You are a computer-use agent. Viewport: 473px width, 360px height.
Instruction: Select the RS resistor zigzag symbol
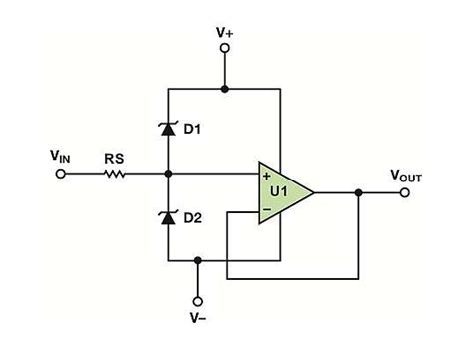[x=115, y=174]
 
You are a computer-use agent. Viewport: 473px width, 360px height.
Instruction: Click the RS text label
[x=115, y=156]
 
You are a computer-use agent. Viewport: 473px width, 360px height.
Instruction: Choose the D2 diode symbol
[x=167, y=216]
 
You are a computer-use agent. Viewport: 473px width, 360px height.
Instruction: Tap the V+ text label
[x=225, y=33]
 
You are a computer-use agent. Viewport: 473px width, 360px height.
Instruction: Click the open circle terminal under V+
[x=225, y=56]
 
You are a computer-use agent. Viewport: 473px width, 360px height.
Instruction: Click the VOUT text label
[x=404, y=175]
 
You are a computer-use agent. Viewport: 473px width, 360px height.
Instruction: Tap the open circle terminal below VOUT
[x=404, y=192]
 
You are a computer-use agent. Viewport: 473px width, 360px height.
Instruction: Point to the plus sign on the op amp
[x=266, y=176]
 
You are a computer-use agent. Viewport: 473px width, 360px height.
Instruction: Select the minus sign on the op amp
[x=266, y=209]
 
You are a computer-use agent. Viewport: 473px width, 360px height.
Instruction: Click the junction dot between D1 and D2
[x=167, y=174]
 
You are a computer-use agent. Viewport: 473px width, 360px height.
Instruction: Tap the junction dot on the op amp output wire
[x=357, y=192]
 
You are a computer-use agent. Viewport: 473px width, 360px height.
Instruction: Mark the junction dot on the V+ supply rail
[x=225, y=88]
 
